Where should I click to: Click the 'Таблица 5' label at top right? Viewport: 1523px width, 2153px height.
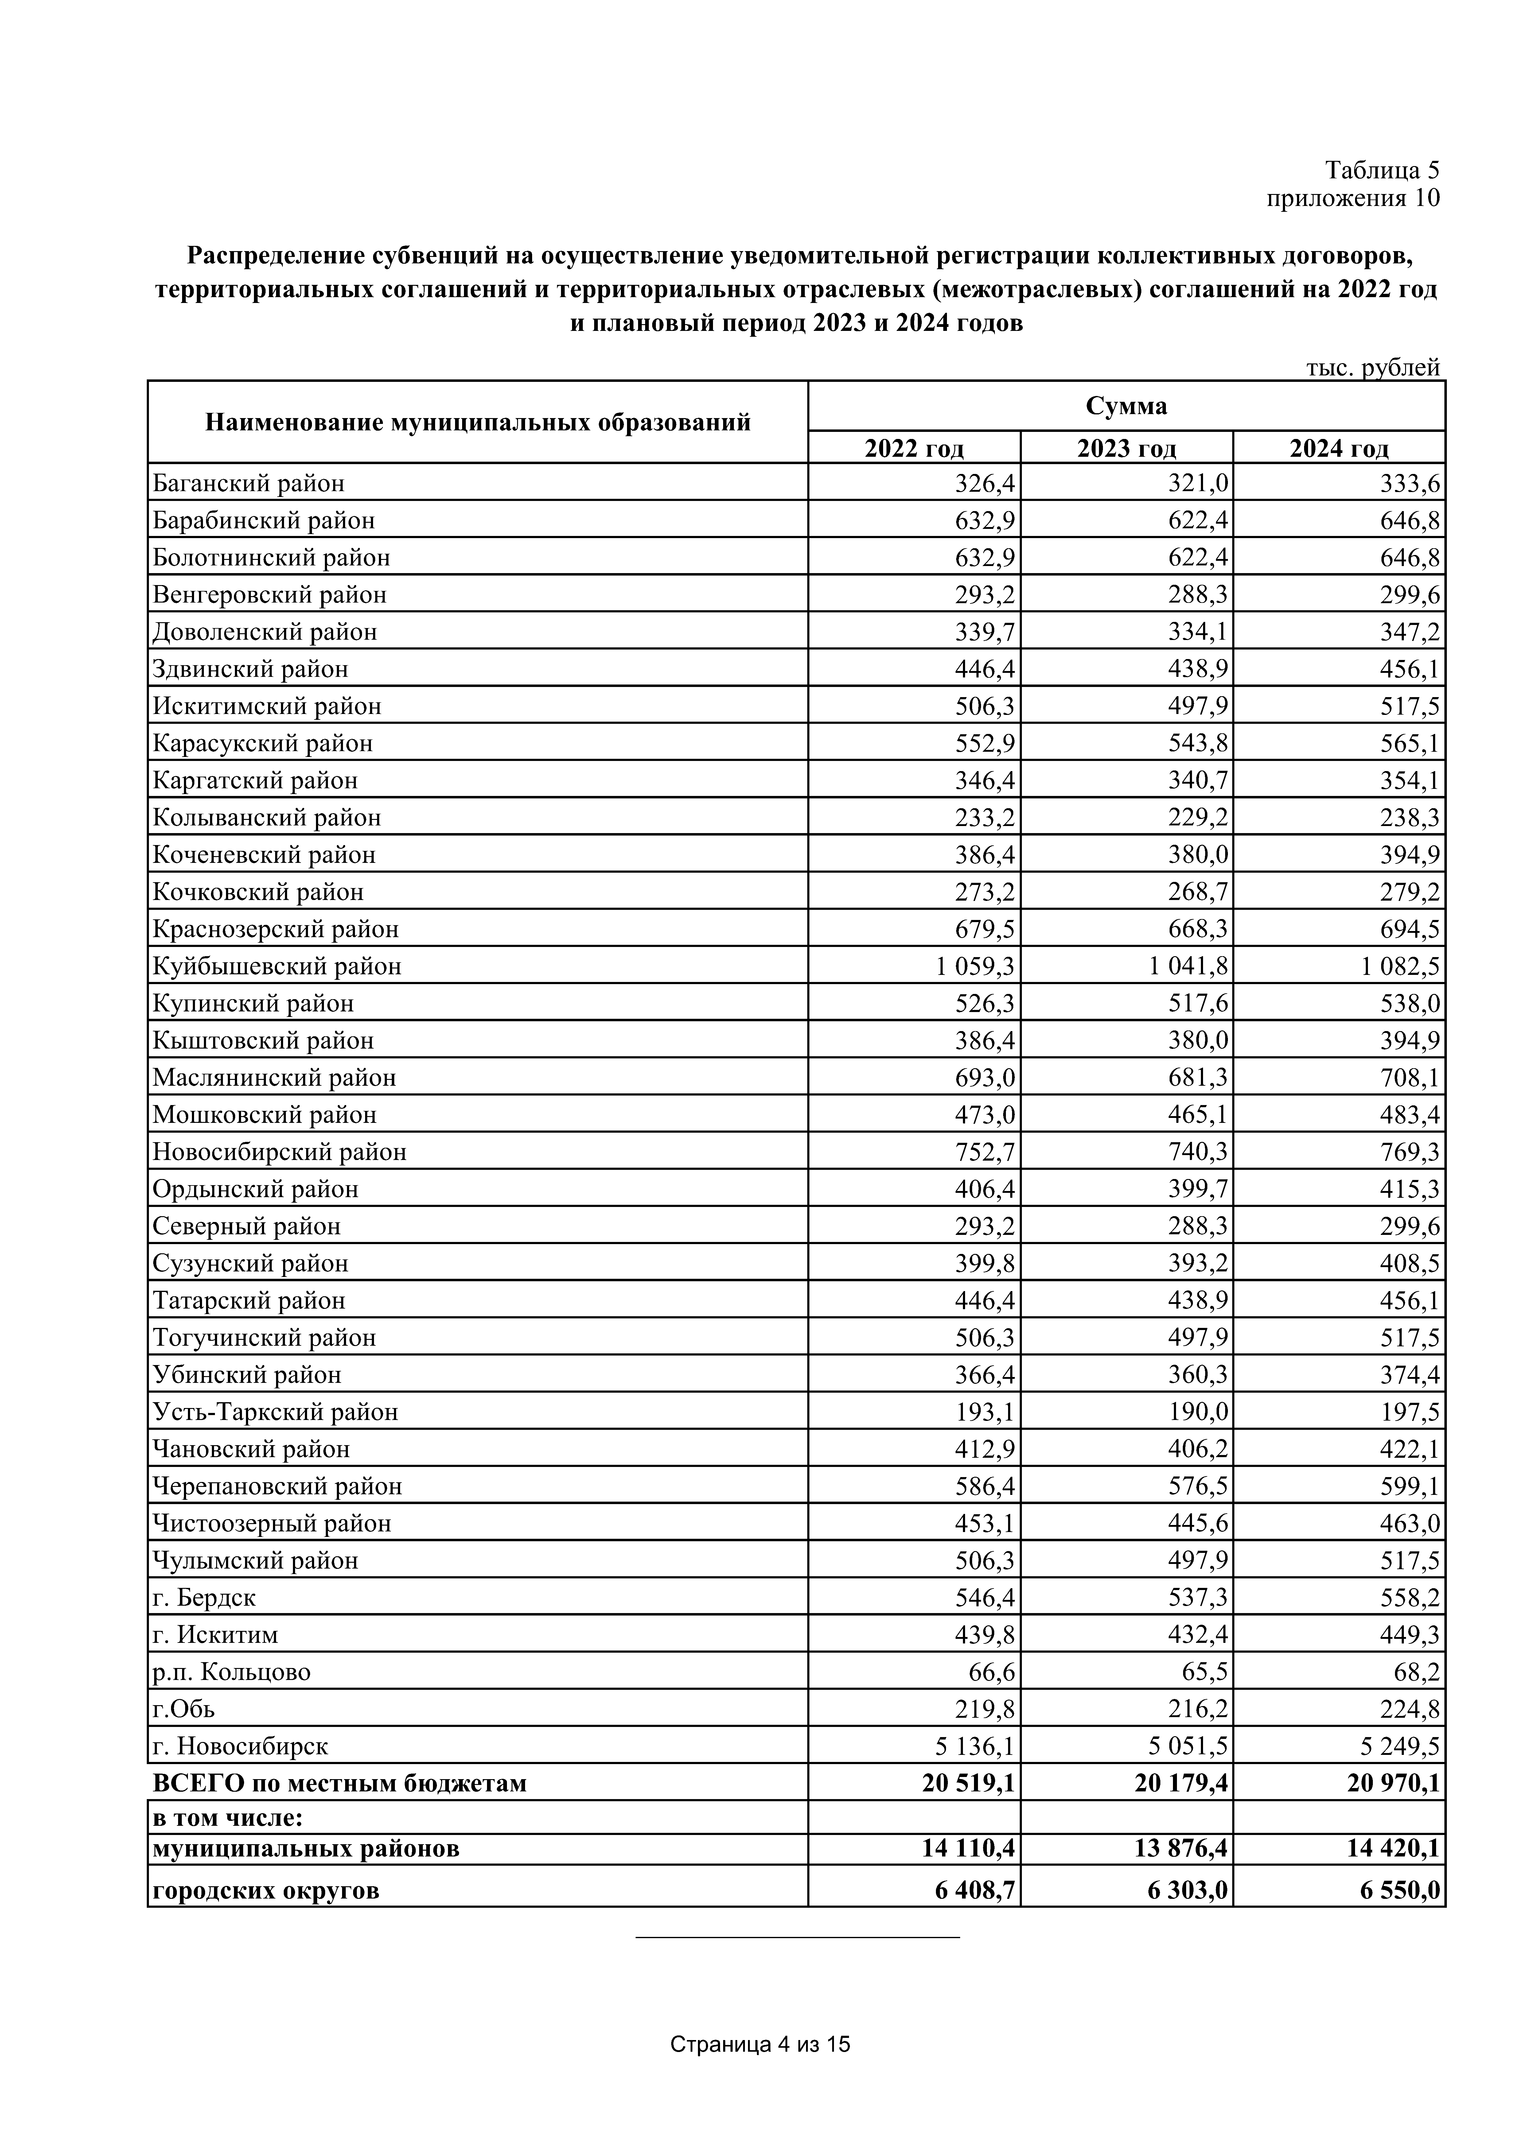tap(1381, 170)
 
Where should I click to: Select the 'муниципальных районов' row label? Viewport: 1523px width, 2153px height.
tap(306, 1848)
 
